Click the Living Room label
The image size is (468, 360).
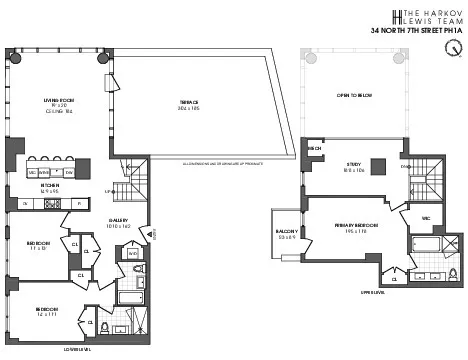click(55, 101)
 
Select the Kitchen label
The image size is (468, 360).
click(50, 185)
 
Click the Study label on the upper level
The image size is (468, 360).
click(351, 166)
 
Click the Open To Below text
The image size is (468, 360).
click(355, 95)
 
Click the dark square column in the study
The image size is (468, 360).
click(379, 168)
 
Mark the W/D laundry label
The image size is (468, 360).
click(133, 254)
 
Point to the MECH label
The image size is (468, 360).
click(314, 147)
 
